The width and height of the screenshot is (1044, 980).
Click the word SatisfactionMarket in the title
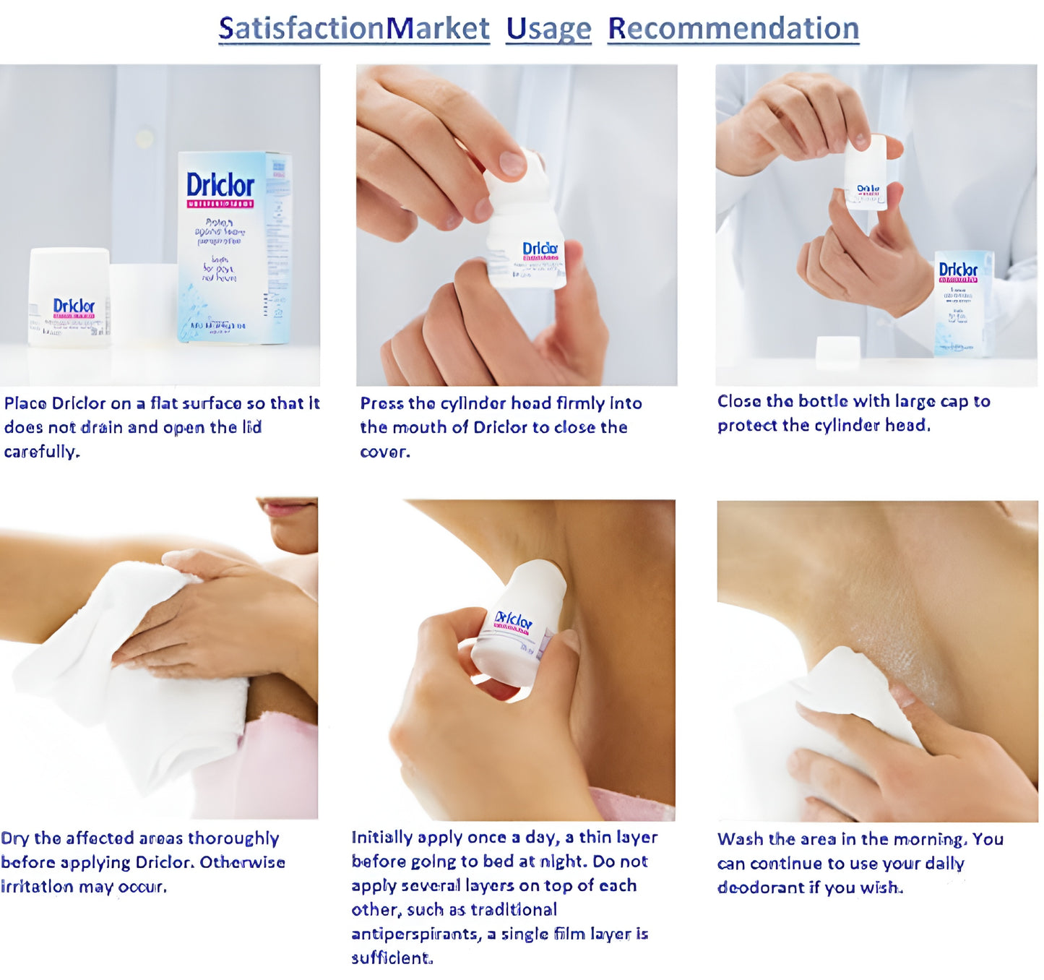(354, 29)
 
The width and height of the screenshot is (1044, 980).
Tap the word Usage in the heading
(548, 29)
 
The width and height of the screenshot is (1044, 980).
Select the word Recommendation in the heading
(733, 29)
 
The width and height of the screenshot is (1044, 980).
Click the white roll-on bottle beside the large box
(69, 297)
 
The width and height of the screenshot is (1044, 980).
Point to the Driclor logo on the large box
(220, 185)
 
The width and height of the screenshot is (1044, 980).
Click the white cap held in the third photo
(866, 171)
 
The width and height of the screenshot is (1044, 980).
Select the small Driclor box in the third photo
(963, 303)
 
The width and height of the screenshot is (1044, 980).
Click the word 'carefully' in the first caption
(41, 452)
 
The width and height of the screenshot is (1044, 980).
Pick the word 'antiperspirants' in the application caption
(415, 934)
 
